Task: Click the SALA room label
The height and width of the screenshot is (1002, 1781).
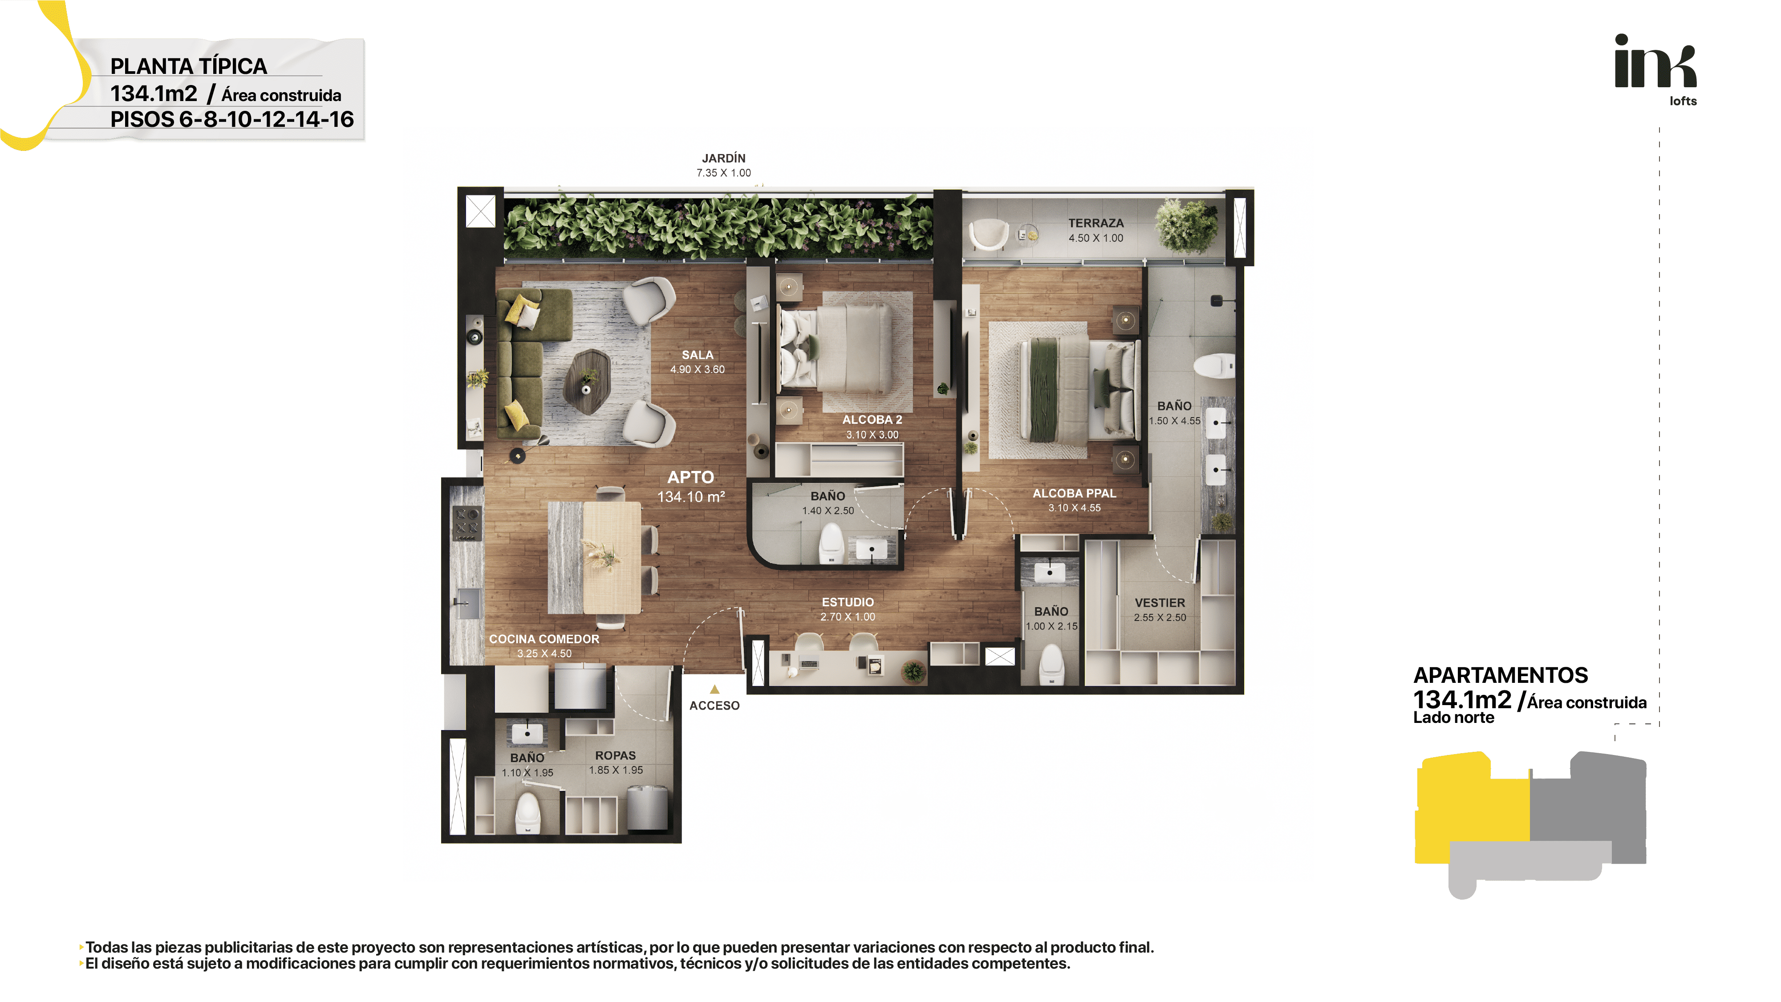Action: (697, 355)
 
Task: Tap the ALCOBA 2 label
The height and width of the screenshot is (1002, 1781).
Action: (872, 420)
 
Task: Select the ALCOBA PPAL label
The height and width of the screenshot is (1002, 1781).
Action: (1074, 493)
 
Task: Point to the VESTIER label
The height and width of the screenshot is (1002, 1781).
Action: (1160, 603)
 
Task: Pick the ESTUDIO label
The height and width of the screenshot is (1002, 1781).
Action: (848, 602)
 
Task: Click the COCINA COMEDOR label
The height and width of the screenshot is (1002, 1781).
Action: (544, 639)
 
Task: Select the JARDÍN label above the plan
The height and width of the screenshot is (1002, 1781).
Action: (723, 158)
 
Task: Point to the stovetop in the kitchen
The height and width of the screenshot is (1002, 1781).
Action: (466, 523)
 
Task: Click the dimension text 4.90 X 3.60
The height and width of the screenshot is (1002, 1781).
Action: (697, 370)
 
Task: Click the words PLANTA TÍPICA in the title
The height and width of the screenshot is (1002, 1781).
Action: (189, 66)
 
